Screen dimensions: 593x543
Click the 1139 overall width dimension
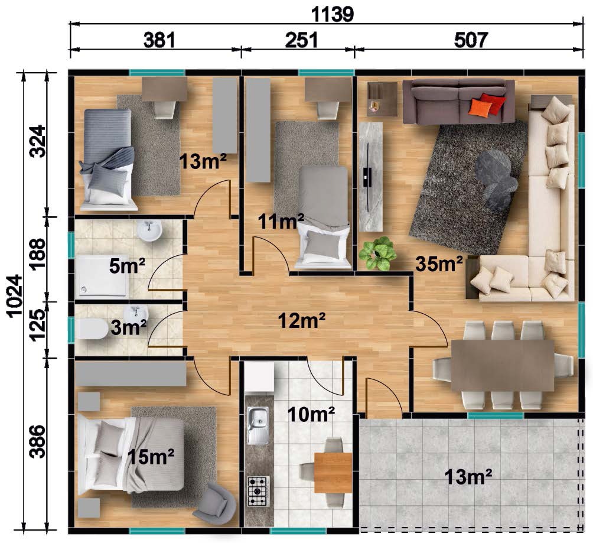point(332,14)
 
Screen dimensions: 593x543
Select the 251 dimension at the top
point(301,40)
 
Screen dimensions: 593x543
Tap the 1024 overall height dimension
point(15,296)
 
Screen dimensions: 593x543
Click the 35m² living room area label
point(439,264)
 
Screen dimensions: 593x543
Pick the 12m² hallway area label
point(302,321)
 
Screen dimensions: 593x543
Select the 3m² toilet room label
point(129,327)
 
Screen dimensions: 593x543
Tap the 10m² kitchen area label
point(311,415)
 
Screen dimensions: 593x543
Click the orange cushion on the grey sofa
point(480,107)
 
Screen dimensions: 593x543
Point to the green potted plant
point(377,253)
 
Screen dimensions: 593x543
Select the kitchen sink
point(258,425)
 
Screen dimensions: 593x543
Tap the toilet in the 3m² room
point(92,329)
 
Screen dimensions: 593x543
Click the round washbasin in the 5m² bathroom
point(149,231)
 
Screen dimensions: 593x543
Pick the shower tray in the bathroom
point(103,277)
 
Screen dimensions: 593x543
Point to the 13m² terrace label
point(468,476)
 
